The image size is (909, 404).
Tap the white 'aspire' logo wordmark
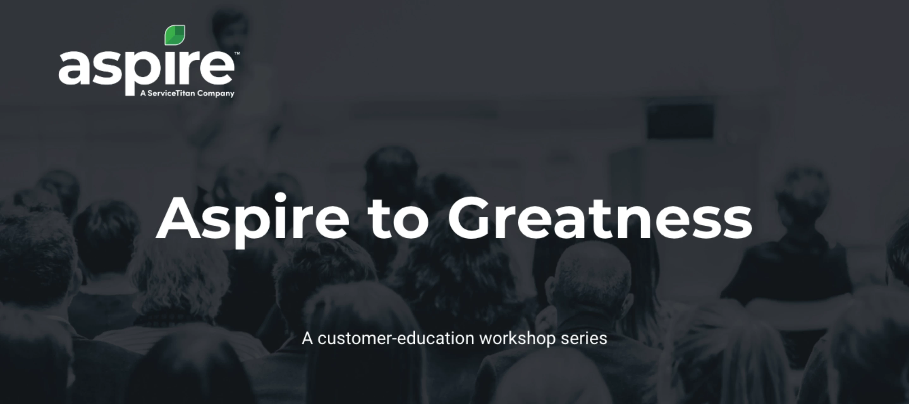[146, 69]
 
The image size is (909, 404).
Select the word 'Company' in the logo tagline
[216, 94]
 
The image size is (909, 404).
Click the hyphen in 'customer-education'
[394, 340]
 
